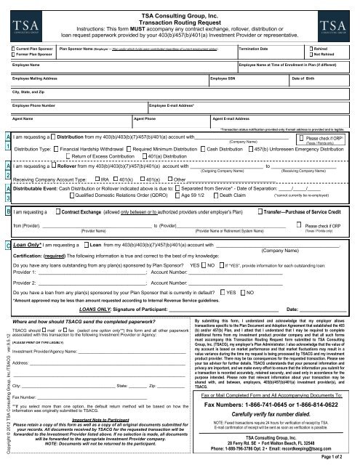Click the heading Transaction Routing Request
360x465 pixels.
point(179,17)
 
